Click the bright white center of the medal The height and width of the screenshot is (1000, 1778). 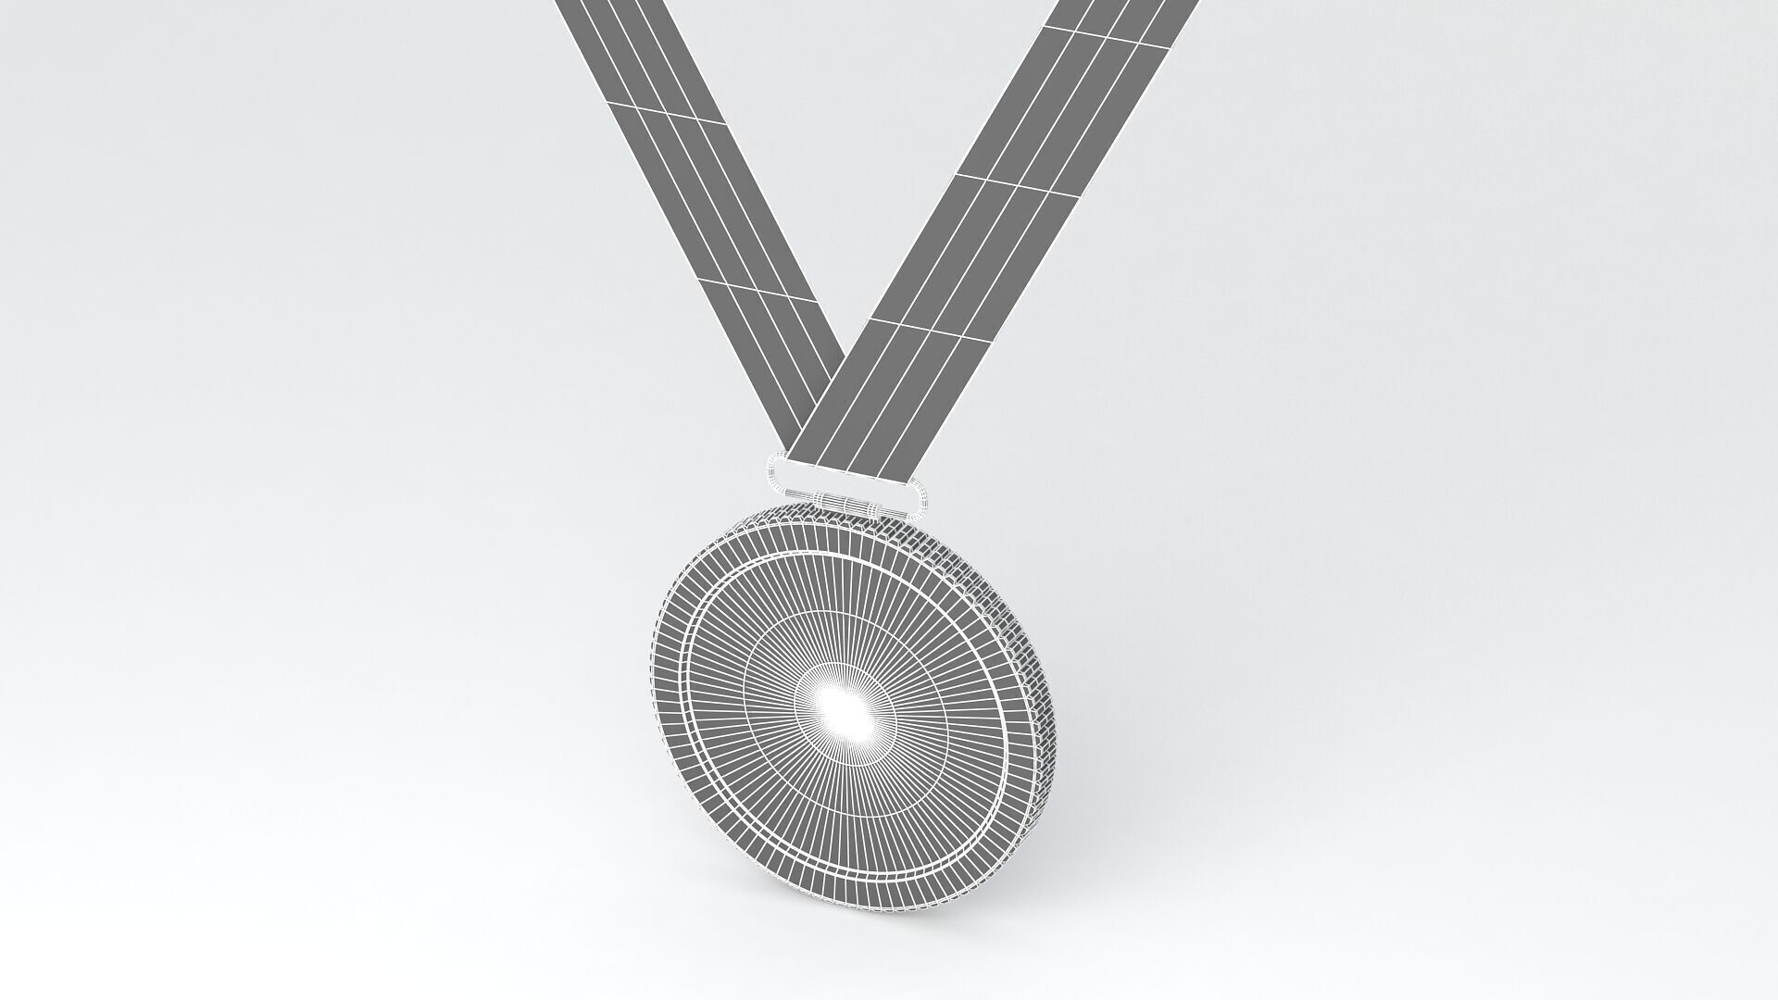click(x=845, y=708)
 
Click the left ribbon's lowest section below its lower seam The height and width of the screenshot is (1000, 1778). click(x=787, y=352)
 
